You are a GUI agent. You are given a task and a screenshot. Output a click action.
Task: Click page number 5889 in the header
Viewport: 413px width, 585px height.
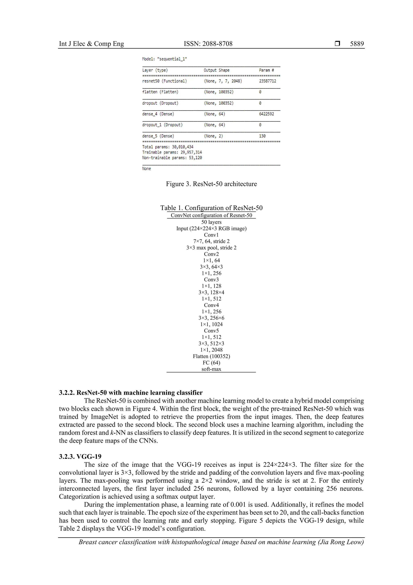(x=357, y=44)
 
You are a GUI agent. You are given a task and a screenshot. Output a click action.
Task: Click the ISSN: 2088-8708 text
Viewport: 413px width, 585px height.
(x=208, y=44)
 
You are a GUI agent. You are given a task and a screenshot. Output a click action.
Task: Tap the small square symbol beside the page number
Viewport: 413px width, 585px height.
(x=337, y=44)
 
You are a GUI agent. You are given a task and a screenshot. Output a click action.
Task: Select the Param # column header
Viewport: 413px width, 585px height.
(x=266, y=70)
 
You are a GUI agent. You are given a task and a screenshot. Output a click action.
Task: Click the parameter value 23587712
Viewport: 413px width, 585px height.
(x=267, y=81)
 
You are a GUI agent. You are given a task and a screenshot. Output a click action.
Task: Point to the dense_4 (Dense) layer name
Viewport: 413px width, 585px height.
(x=158, y=114)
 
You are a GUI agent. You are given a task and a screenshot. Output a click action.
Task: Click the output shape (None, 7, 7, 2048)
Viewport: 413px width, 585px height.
(x=223, y=81)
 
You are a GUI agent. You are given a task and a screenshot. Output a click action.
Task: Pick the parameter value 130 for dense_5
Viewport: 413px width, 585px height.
(x=262, y=136)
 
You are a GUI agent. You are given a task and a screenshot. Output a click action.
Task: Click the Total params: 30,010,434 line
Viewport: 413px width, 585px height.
(x=168, y=147)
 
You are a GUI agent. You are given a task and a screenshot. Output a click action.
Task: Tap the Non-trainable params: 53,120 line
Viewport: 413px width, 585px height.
(x=172, y=158)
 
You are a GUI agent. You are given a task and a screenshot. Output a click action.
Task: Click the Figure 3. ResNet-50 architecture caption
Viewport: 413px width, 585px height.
(x=211, y=184)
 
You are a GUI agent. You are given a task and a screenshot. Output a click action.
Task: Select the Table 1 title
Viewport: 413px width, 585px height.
(x=211, y=208)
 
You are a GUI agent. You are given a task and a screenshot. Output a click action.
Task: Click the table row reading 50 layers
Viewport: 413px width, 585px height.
(x=211, y=222)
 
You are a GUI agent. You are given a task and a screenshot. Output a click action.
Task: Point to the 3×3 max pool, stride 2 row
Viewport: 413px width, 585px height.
(x=211, y=248)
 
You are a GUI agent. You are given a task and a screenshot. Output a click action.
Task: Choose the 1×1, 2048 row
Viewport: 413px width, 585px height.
(x=211, y=350)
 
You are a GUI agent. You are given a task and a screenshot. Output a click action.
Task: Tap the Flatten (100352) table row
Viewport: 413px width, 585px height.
(x=211, y=356)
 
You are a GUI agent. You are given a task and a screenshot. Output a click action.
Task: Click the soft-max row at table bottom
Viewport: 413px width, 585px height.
(x=211, y=369)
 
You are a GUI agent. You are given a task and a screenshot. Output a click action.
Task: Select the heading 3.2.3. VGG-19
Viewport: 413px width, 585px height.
(x=80, y=456)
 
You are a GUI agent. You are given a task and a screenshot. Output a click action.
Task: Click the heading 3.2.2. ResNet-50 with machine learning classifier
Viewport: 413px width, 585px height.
(x=131, y=393)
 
